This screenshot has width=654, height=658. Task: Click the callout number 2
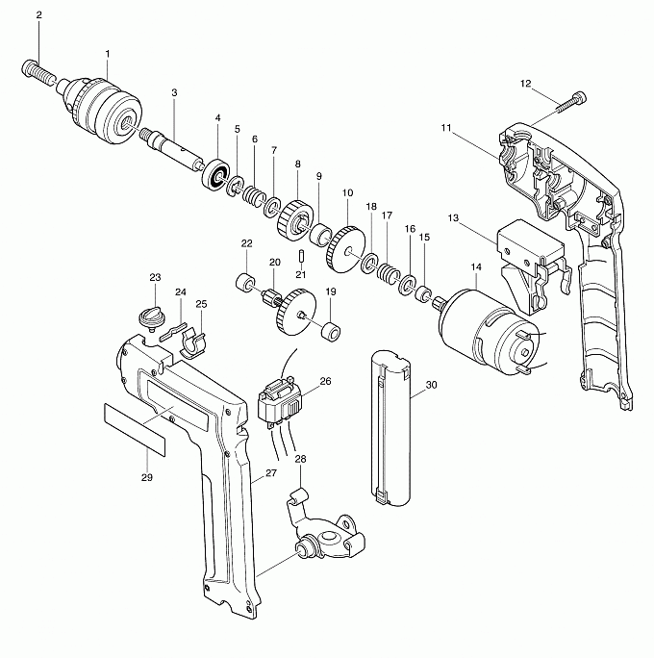point(39,15)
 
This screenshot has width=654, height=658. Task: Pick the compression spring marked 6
point(254,195)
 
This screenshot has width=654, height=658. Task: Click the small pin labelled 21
point(301,257)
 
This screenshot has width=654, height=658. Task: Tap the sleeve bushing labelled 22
point(245,282)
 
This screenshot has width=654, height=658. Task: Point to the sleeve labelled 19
point(331,331)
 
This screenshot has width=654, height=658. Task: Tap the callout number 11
point(446,128)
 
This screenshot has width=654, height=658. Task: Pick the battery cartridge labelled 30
point(391,428)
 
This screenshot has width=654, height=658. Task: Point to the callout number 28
point(300,459)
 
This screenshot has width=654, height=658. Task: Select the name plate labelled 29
point(135,430)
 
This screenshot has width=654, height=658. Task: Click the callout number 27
point(271,473)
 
